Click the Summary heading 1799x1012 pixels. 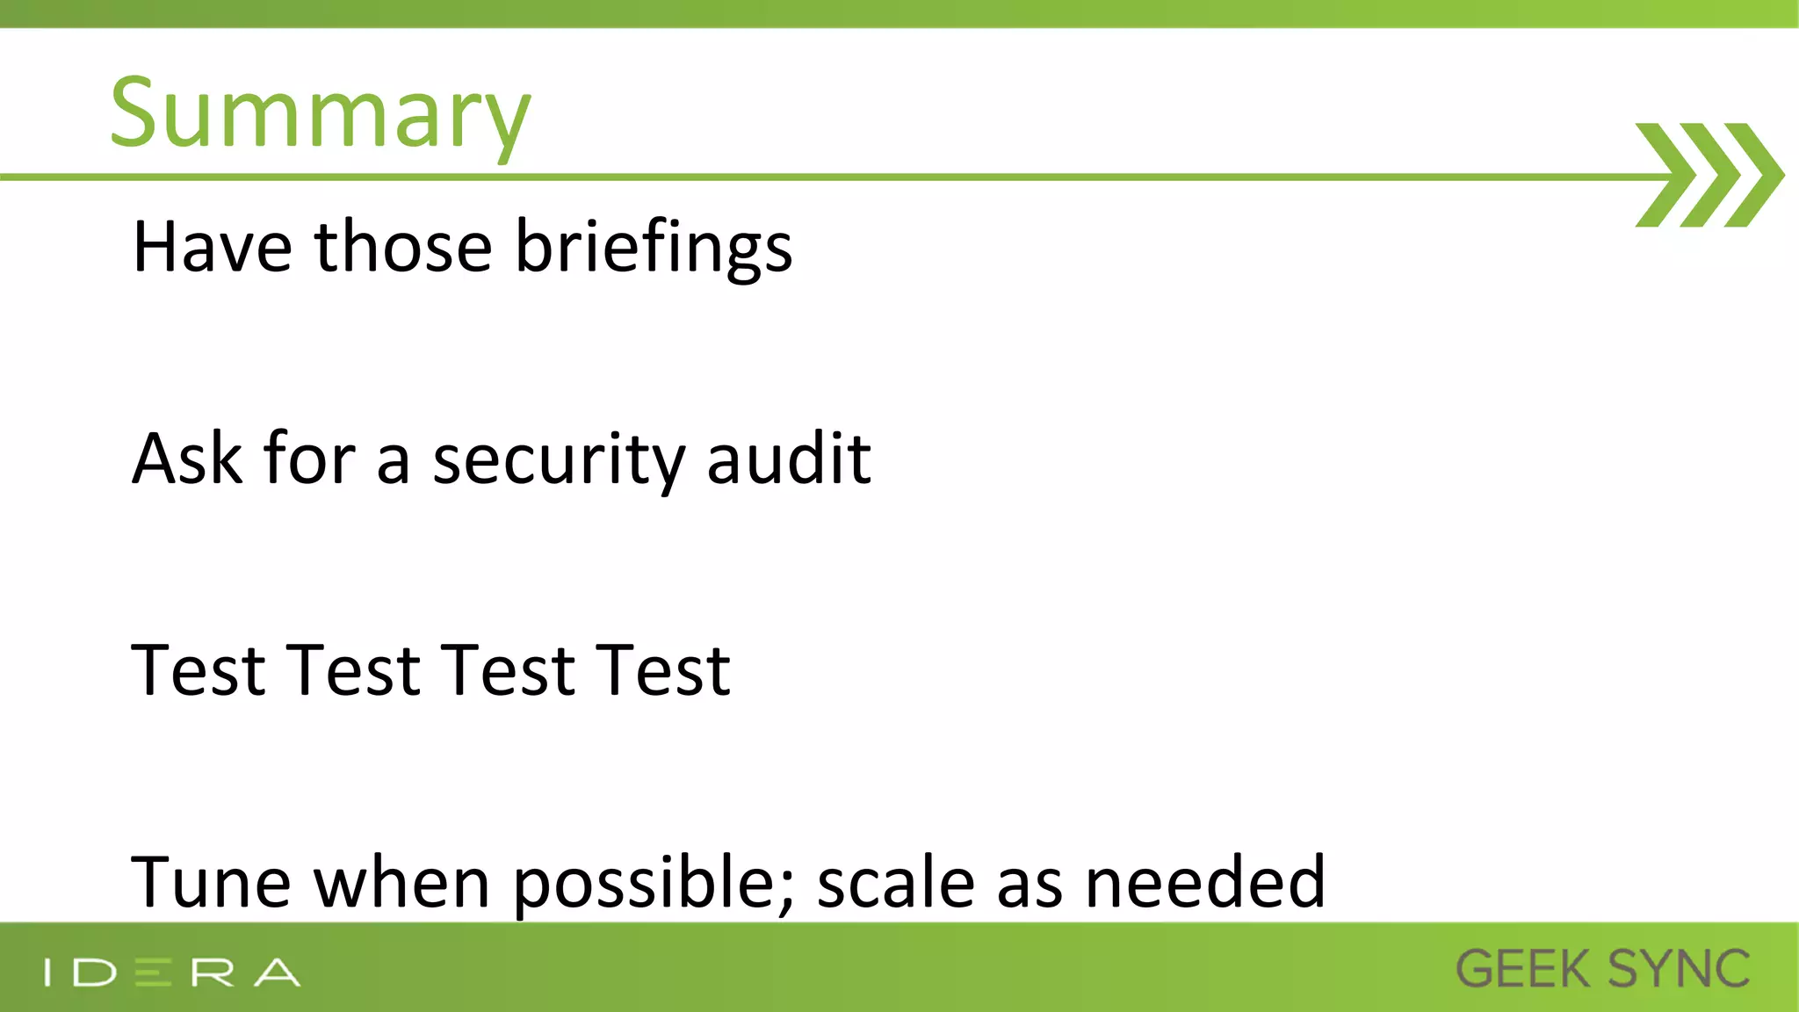click(x=320, y=114)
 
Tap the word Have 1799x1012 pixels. click(x=212, y=247)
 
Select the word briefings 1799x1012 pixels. click(x=653, y=249)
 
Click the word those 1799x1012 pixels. click(x=403, y=247)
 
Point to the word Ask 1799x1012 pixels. click(x=186, y=459)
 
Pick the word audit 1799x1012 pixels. click(x=788, y=459)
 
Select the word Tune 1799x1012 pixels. click(x=211, y=882)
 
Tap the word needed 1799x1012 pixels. click(x=1205, y=882)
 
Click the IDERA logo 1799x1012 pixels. click(x=172, y=972)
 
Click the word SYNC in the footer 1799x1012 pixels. click(x=1679, y=969)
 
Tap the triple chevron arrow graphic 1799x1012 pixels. click(x=1709, y=176)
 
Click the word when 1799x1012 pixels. click(x=401, y=882)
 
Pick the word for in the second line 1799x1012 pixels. click(x=309, y=459)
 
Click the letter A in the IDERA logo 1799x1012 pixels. click(x=278, y=972)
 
